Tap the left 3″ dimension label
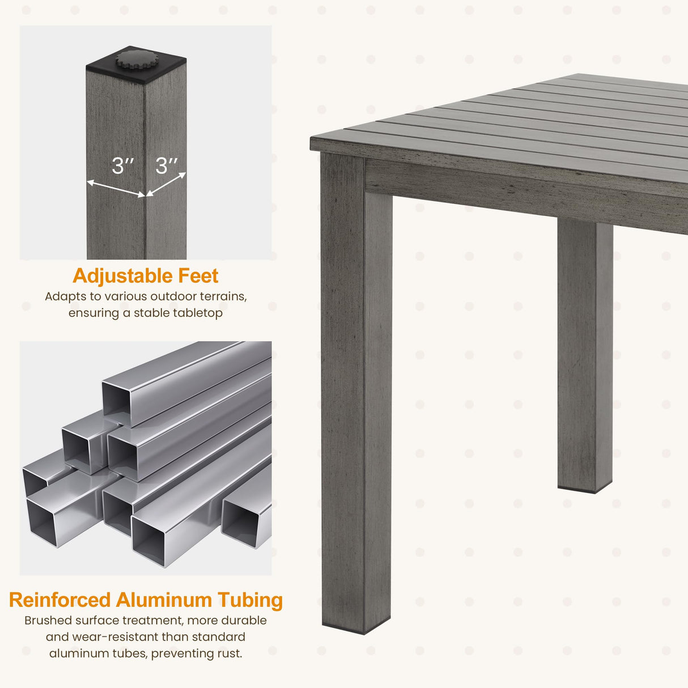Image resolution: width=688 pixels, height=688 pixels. pyautogui.click(x=122, y=166)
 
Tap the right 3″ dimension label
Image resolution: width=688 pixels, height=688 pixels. pyautogui.click(x=167, y=166)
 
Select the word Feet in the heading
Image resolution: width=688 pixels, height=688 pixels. pyautogui.click(x=198, y=276)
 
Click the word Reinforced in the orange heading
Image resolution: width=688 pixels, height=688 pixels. pyautogui.click(x=60, y=600)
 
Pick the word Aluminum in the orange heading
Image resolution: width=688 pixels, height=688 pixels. pyautogui.click(x=164, y=600)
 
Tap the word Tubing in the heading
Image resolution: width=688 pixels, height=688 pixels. pyautogui.click(x=250, y=601)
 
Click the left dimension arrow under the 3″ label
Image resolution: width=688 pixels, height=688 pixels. pyautogui.click(x=116, y=189)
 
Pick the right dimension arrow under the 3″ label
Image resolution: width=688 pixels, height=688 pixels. pyautogui.click(x=166, y=185)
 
